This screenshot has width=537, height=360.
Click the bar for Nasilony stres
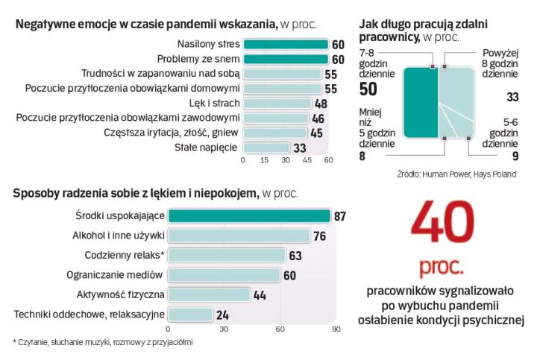pyautogui.click(x=285, y=44)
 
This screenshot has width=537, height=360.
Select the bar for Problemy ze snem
pyautogui.click(x=285, y=59)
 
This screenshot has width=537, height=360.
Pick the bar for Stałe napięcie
pyautogui.click(x=266, y=148)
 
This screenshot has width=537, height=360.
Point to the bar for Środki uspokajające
pyautogui.click(x=249, y=216)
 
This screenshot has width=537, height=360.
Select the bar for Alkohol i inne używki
pyautogui.click(x=239, y=236)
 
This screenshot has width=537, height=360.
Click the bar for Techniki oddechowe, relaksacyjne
pyautogui.click(x=190, y=314)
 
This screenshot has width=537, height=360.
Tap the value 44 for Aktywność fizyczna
pyautogui.click(x=260, y=294)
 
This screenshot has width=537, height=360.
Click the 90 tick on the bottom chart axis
pyautogui.click(x=336, y=328)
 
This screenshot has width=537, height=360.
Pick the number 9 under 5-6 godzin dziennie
pyautogui.click(x=515, y=157)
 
